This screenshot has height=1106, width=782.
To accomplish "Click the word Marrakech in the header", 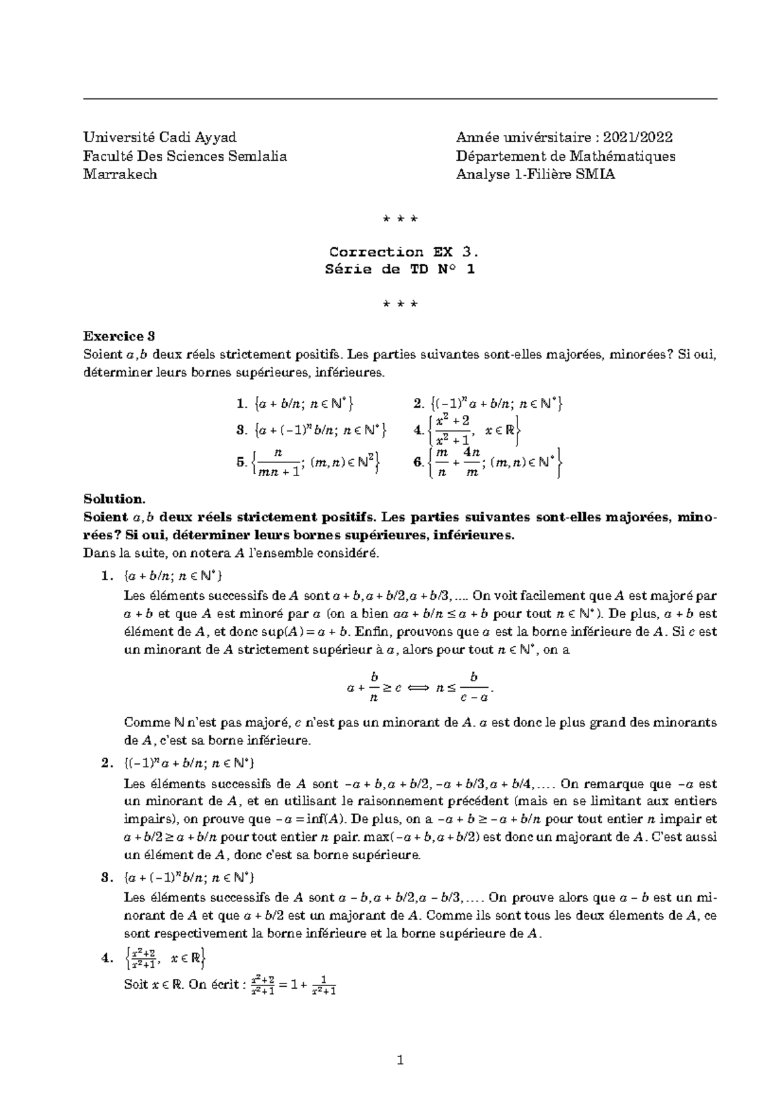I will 120,175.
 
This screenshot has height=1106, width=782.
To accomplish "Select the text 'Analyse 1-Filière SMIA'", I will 535,175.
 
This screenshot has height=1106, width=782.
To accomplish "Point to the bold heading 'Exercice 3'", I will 119,336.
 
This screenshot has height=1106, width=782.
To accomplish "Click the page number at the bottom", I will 400,1061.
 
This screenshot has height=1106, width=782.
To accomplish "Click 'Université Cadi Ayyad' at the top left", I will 160,137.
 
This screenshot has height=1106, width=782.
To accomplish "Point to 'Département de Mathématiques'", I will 566,156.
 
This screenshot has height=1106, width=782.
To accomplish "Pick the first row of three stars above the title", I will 400,220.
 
